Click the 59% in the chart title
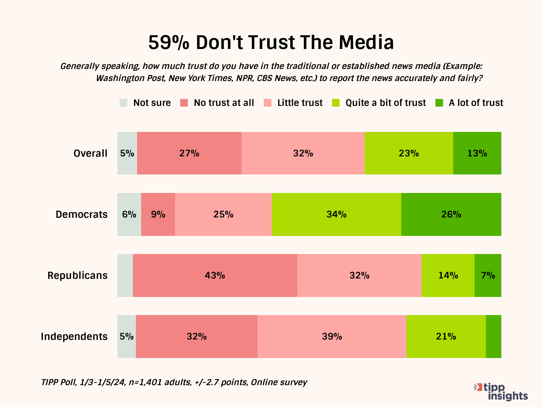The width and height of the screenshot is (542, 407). (169, 43)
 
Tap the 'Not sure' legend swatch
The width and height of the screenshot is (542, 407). (123, 103)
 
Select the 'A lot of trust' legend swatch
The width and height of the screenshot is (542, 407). (439, 103)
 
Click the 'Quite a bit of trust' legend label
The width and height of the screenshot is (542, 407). (386, 103)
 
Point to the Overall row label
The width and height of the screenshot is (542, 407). (90, 153)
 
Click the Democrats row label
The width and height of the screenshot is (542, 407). (81, 214)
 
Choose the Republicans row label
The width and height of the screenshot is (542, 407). (77, 275)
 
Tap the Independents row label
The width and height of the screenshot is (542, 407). (74, 337)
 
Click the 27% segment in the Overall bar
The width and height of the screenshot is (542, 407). (189, 153)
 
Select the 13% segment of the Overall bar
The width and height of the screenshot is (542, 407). (477, 153)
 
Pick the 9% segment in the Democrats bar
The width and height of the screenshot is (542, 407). (158, 214)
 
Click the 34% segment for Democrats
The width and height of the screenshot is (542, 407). (336, 214)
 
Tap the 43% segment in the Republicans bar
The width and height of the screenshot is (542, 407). (215, 275)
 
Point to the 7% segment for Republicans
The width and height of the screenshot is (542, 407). (488, 275)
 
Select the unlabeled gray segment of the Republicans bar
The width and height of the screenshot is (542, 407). (125, 275)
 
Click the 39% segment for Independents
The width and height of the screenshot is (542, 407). (332, 336)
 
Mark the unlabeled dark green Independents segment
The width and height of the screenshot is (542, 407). (493, 336)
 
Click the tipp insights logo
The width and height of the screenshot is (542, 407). (501, 392)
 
